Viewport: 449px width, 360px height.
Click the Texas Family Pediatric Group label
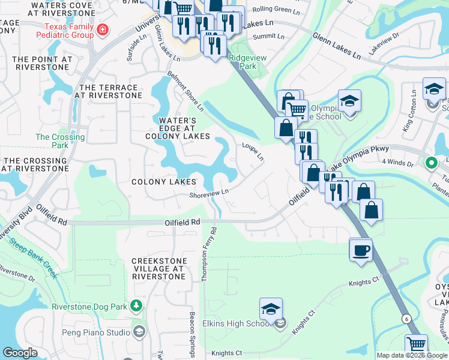pyautogui.click(x=70, y=31)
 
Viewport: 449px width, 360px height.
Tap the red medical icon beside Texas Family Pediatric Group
pyautogui.click(x=103, y=29)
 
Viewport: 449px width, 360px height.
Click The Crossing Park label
pyautogui.click(x=60, y=141)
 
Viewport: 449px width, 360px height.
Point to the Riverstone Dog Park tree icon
pyautogui.click(x=137, y=306)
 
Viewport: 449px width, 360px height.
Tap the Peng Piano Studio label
pyautogui.click(x=96, y=332)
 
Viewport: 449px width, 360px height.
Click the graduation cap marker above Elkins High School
pyautogui.click(x=271, y=308)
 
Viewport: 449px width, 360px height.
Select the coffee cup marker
pyautogui.click(x=361, y=250)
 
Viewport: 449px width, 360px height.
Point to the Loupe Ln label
pyautogui.click(x=253, y=152)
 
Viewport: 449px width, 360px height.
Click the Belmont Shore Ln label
pyautogui.click(x=185, y=92)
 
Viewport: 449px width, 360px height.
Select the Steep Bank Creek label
pyautogui.click(x=33, y=259)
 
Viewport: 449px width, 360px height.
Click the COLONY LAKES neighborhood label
pyautogui.click(x=164, y=182)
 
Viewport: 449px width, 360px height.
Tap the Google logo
pyautogui.click(x=20, y=353)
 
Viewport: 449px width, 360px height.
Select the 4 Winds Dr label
pyautogui.click(x=398, y=163)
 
